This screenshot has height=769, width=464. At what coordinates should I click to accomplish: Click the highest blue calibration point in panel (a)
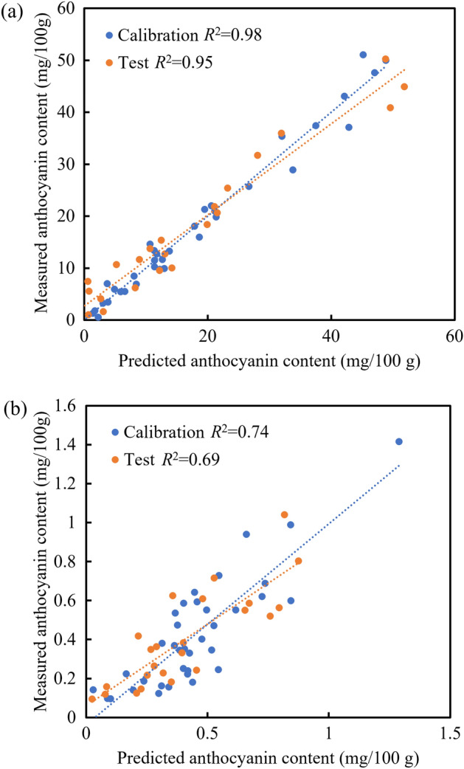(x=363, y=55)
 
